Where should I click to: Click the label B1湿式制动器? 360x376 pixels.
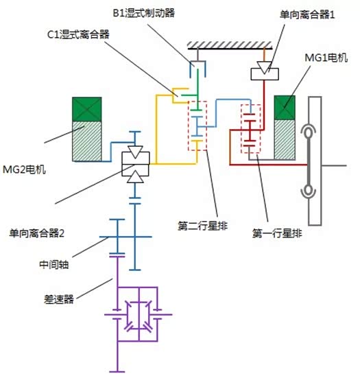[x=144, y=13]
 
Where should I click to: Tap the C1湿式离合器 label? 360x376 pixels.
[x=78, y=34]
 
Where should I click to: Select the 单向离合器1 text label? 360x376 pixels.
[x=307, y=15]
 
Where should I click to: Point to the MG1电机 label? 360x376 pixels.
[x=326, y=58]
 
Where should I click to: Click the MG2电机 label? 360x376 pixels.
[x=24, y=169]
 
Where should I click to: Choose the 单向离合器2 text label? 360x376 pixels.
[x=36, y=233]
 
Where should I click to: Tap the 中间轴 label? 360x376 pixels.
[x=54, y=264]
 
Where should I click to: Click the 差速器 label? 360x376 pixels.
[x=59, y=299]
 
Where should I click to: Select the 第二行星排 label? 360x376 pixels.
[x=202, y=226]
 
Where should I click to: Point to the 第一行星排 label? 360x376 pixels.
[x=277, y=233]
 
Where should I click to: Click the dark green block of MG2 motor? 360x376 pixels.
[x=87, y=109]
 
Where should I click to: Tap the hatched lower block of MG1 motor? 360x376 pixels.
[x=285, y=139]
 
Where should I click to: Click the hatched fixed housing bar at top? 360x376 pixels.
[x=230, y=45]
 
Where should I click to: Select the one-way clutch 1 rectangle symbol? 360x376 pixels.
[x=265, y=74]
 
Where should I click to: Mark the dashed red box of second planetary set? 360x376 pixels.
[x=197, y=126]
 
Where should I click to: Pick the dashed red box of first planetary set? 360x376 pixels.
[x=251, y=129]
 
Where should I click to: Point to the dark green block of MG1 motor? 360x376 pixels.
[x=285, y=108]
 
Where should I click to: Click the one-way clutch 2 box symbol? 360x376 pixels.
[x=135, y=164]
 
